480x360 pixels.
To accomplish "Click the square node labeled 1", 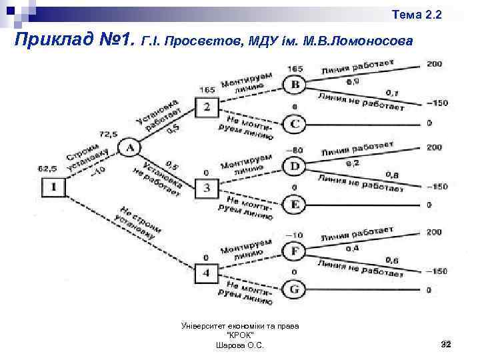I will pyautogui.click(x=55, y=187).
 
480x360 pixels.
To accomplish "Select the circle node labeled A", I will pyautogui.click(x=129, y=147).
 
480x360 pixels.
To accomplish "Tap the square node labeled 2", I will pyautogui.click(x=207, y=107).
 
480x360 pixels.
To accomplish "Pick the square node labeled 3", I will pyautogui.click(x=207, y=187).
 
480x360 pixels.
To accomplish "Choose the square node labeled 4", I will pyautogui.click(x=207, y=273).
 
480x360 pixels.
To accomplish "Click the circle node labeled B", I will pyautogui.click(x=295, y=85).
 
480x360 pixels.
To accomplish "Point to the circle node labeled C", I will pyautogui.click(x=295, y=123).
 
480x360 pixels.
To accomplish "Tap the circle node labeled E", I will pyautogui.click(x=295, y=204).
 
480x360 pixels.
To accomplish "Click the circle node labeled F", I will pyautogui.click(x=295, y=251).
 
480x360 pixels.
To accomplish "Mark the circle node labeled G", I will pyautogui.click(x=295, y=290).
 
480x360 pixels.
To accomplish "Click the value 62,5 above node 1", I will pyautogui.click(x=47, y=169).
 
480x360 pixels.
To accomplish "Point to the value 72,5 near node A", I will pyautogui.click(x=108, y=135).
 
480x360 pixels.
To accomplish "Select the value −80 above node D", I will pyautogui.click(x=294, y=149).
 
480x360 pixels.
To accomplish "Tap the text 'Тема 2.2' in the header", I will pyautogui.click(x=417, y=14).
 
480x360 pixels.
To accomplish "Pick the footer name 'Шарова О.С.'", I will pyautogui.click(x=240, y=345).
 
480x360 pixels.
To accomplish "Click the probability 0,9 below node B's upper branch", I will pyautogui.click(x=353, y=81).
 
